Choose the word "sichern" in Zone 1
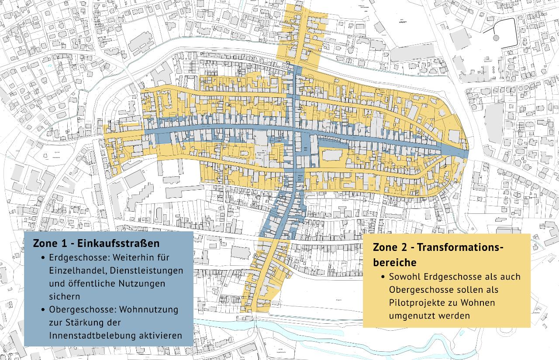(65, 296)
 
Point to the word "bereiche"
(394, 263)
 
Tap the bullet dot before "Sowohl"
(383, 277)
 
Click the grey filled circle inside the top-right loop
(496, 38)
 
